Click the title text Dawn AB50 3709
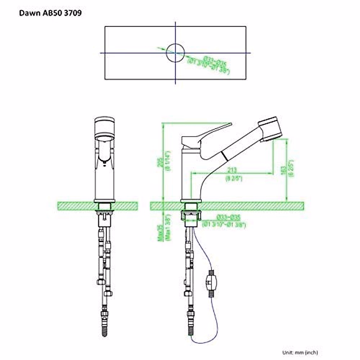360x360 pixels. (x=50, y=13)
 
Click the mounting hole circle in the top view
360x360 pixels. (x=175, y=53)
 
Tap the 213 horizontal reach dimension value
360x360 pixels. (x=232, y=170)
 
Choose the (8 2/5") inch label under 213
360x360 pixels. (x=234, y=179)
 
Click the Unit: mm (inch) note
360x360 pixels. (x=300, y=352)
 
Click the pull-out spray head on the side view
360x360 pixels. (x=271, y=129)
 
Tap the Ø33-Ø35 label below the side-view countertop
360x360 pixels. (x=228, y=218)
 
